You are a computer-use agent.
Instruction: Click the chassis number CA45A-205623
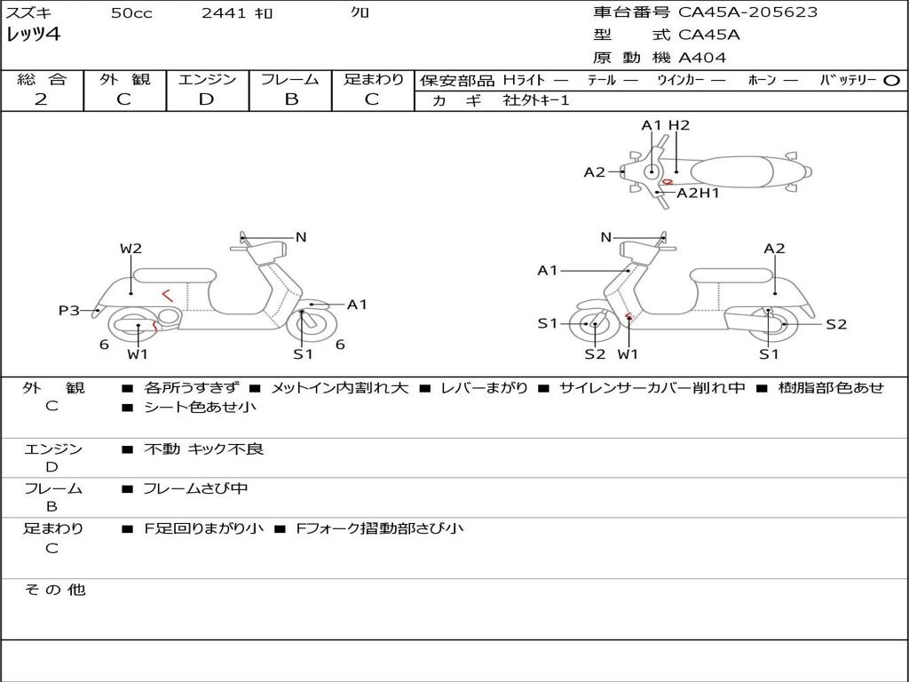747,12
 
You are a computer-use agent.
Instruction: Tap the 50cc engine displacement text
131,13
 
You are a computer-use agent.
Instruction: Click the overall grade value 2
41,99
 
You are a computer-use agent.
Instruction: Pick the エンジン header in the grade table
207,79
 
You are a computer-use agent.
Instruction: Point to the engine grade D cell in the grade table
207,99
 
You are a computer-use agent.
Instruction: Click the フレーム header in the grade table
290,79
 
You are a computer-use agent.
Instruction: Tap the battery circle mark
891,80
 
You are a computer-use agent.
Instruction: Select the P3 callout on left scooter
68,310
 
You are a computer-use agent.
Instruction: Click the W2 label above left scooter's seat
130,249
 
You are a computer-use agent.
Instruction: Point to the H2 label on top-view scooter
679,125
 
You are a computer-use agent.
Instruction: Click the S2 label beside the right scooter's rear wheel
836,324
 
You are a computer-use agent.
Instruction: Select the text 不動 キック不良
203,449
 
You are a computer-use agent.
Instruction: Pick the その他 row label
54,590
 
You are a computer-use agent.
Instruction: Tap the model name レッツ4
33,36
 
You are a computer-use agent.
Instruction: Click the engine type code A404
702,58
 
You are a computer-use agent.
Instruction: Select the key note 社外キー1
536,100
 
